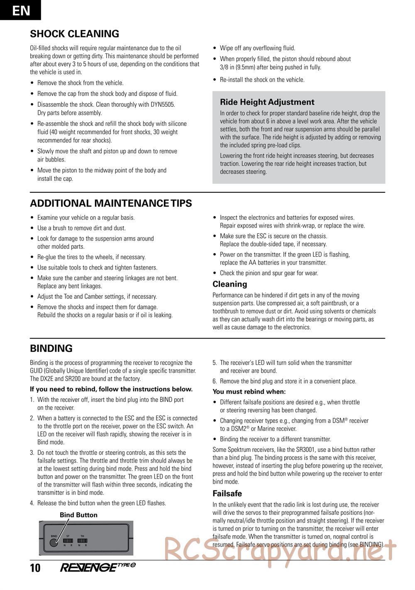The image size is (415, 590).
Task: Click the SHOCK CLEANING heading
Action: click(x=74, y=34)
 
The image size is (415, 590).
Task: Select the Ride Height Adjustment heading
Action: click(x=267, y=102)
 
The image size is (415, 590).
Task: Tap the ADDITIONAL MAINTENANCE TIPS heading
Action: click(x=111, y=204)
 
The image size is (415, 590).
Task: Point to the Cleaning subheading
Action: click(x=229, y=284)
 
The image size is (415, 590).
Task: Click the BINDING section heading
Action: click(x=51, y=349)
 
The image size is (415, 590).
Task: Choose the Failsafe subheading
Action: click(x=227, y=494)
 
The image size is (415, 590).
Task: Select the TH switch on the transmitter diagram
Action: click(x=82, y=541)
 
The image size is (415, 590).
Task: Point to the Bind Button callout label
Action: click(x=78, y=515)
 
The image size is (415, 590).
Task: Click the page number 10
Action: click(x=35, y=568)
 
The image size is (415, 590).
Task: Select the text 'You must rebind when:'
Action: click(x=249, y=392)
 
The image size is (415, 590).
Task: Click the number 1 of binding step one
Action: click(x=32, y=400)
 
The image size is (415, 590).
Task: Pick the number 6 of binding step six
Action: click(x=215, y=381)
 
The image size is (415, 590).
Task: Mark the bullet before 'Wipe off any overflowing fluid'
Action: click(x=215, y=48)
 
